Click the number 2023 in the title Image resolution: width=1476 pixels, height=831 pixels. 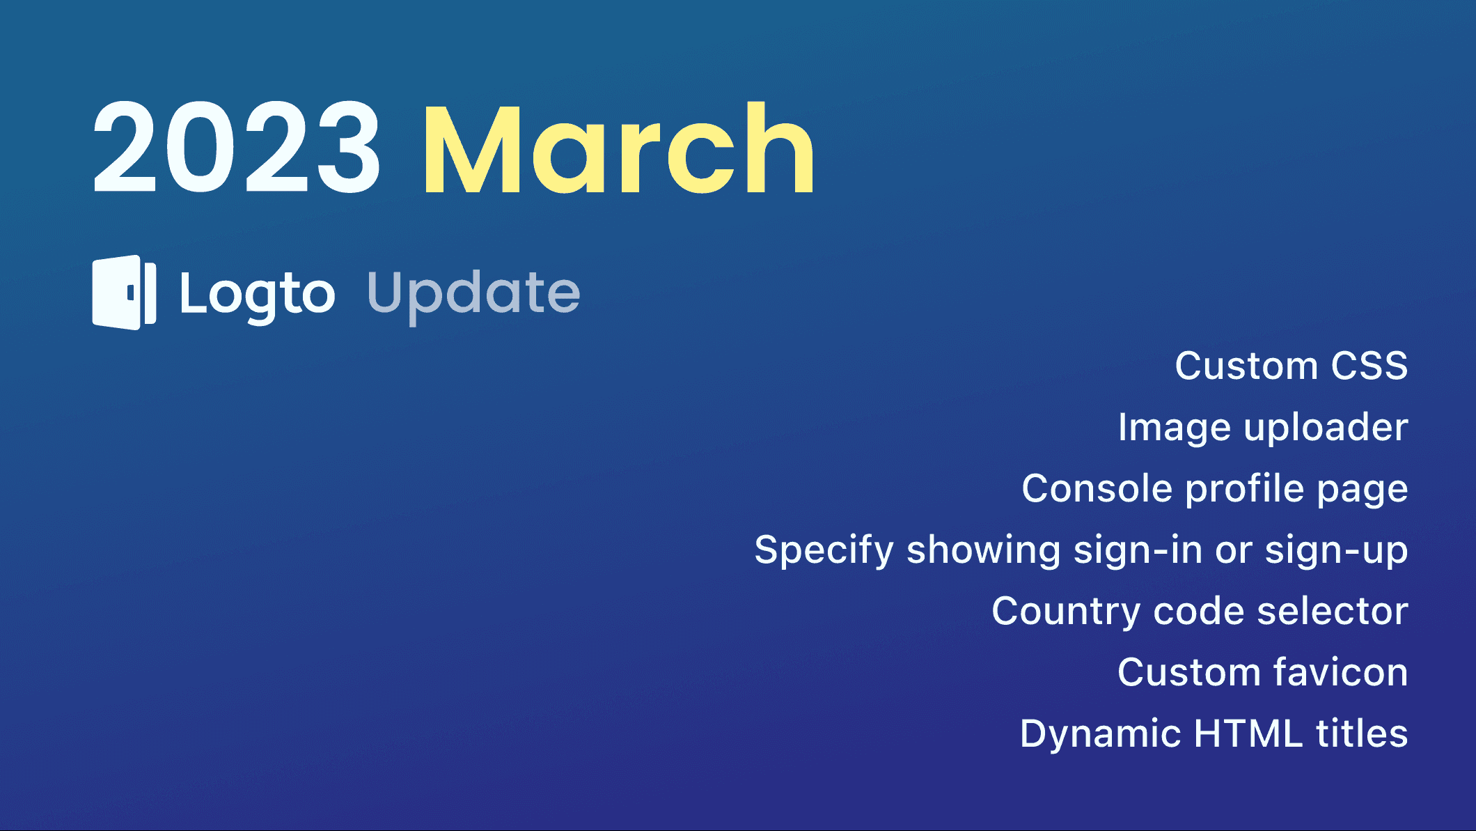click(237, 148)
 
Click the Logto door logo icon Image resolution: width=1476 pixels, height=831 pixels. click(124, 293)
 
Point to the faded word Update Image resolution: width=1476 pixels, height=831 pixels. click(473, 294)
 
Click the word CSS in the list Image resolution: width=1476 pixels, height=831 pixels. click(1369, 366)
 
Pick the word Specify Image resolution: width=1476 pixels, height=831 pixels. click(824, 550)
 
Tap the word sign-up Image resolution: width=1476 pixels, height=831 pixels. click(1336, 550)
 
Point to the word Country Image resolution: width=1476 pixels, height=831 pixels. click(1065, 612)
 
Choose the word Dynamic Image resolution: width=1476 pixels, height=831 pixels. click(1100, 734)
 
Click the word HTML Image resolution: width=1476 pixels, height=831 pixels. click(1248, 733)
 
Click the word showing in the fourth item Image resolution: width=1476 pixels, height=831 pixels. click(983, 550)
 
